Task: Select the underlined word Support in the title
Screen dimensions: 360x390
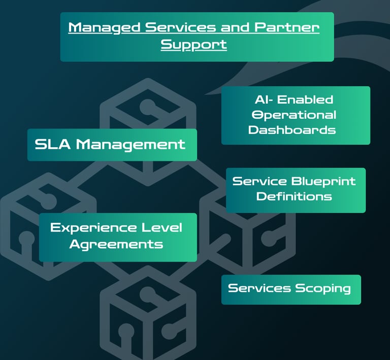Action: (193, 44)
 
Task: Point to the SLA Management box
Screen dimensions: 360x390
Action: (112, 145)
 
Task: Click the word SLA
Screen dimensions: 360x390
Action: (53, 145)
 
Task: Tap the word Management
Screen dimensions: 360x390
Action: (131, 145)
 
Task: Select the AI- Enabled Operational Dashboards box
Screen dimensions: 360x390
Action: (296, 115)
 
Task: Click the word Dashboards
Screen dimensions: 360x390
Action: (292, 130)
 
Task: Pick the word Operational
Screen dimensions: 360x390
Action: (294, 115)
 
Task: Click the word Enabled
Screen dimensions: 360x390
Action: (308, 100)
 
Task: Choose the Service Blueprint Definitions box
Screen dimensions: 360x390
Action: (296, 190)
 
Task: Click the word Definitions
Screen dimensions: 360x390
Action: (294, 197)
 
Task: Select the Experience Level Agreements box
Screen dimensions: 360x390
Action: (118, 237)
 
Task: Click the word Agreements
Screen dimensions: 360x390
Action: (116, 244)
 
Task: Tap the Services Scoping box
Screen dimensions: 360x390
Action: (291, 289)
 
